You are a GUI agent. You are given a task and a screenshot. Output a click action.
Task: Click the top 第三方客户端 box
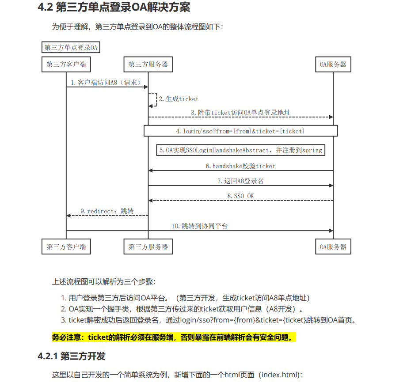[x=66, y=64]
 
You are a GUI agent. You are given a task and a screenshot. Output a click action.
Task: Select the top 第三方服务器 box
[x=148, y=64]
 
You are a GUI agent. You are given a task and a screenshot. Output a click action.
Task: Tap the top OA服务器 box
[x=333, y=64]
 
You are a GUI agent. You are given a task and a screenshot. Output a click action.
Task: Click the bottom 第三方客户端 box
[x=66, y=246]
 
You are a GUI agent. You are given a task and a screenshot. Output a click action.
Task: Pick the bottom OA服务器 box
[x=333, y=246]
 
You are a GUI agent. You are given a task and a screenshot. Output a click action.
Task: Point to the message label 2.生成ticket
[x=179, y=99]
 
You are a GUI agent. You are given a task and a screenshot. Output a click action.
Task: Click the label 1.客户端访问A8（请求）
[x=107, y=82]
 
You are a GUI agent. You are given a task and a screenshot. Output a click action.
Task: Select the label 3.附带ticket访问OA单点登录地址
[x=240, y=113]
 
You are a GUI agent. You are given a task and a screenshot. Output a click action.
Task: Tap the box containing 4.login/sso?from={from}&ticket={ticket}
[x=240, y=131]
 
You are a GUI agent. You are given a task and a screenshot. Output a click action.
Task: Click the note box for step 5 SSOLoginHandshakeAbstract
[x=240, y=150]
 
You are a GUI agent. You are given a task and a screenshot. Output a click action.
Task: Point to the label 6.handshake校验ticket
[x=240, y=166]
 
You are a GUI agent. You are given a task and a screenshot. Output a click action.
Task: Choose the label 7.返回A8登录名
[x=240, y=181]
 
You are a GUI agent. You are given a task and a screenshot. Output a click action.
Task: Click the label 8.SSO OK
[x=240, y=196]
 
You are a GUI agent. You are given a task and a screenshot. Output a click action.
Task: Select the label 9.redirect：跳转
[x=107, y=211]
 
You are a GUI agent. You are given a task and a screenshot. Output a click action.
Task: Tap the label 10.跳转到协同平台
[x=200, y=226]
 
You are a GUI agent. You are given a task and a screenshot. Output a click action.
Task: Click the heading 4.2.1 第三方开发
[x=72, y=356]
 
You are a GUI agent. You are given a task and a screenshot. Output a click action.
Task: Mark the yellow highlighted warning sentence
[x=173, y=337]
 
